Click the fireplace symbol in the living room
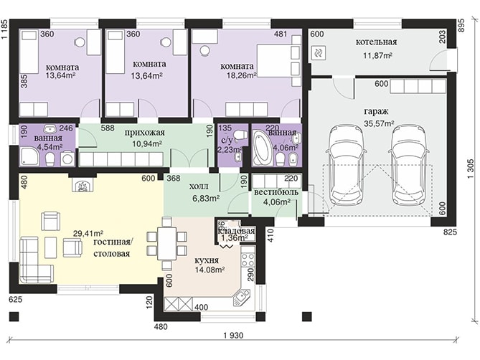(81, 185)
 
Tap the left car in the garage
(347, 166)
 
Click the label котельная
(376, 42)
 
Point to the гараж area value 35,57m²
(379, 123)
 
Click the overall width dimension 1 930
(233, 336)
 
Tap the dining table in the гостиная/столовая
(167, 244)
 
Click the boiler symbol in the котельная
(319, 53)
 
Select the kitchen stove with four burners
(248, 260)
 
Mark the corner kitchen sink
(242, 297)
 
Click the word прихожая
(145, 133)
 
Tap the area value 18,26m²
(242, 75)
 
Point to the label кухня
(207, 260)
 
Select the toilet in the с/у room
(240, 135)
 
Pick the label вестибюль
(276, 192)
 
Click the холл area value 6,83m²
(206, 199)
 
